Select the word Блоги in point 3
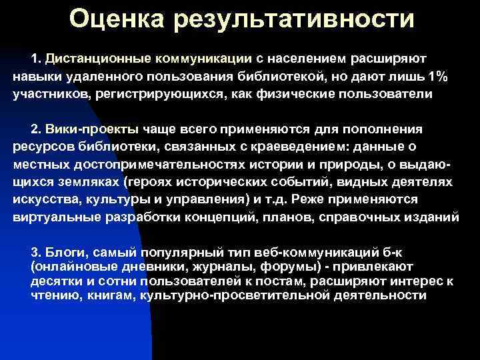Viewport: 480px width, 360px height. [65, 251]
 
